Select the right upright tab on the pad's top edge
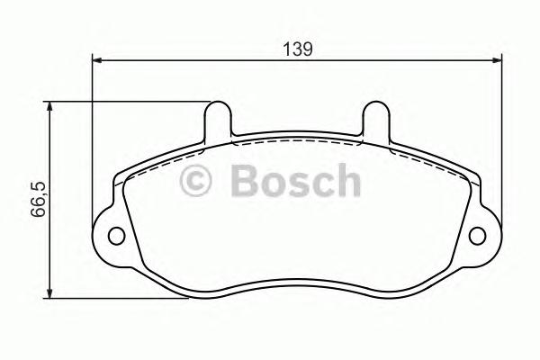pyautogui.click(x=375, y=121)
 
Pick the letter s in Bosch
pyautogui.click(x=298, y=184)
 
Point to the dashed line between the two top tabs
pyautogui.click(x=297, y=140)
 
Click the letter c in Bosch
pyautogui.click(x=321, y=184)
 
